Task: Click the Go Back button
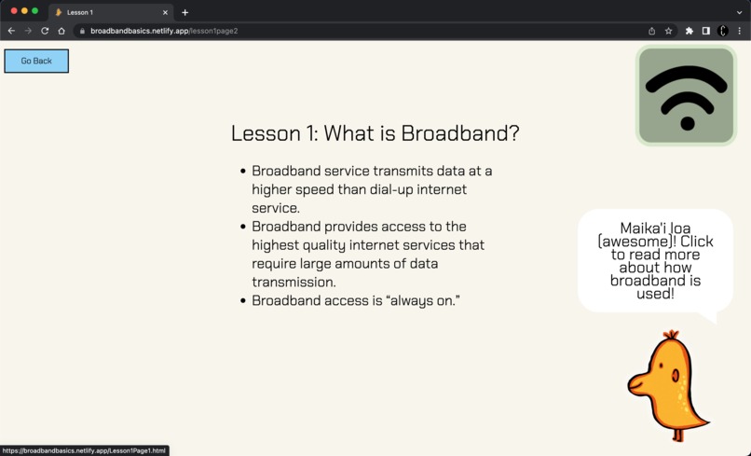click(x=36, y=62)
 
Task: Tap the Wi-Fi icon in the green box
click(x=687, y=96)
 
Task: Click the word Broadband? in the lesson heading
click(x=460, y=133)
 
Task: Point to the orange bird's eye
click(x=676, y=376)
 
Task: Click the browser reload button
click(x=45, y=31)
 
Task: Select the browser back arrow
click(x=11, y=31)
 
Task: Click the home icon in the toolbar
click(x=61, y=31)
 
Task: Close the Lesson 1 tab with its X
click(x=166, y=12)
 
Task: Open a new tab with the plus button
click(x=185, y=12)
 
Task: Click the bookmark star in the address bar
click(x=668, y=31)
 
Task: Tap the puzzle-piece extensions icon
click(x=690, y=31)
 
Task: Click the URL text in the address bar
click(x=164, y=31)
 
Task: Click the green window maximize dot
click(x=35, y=11)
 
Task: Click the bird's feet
click(x=678, y=435)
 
